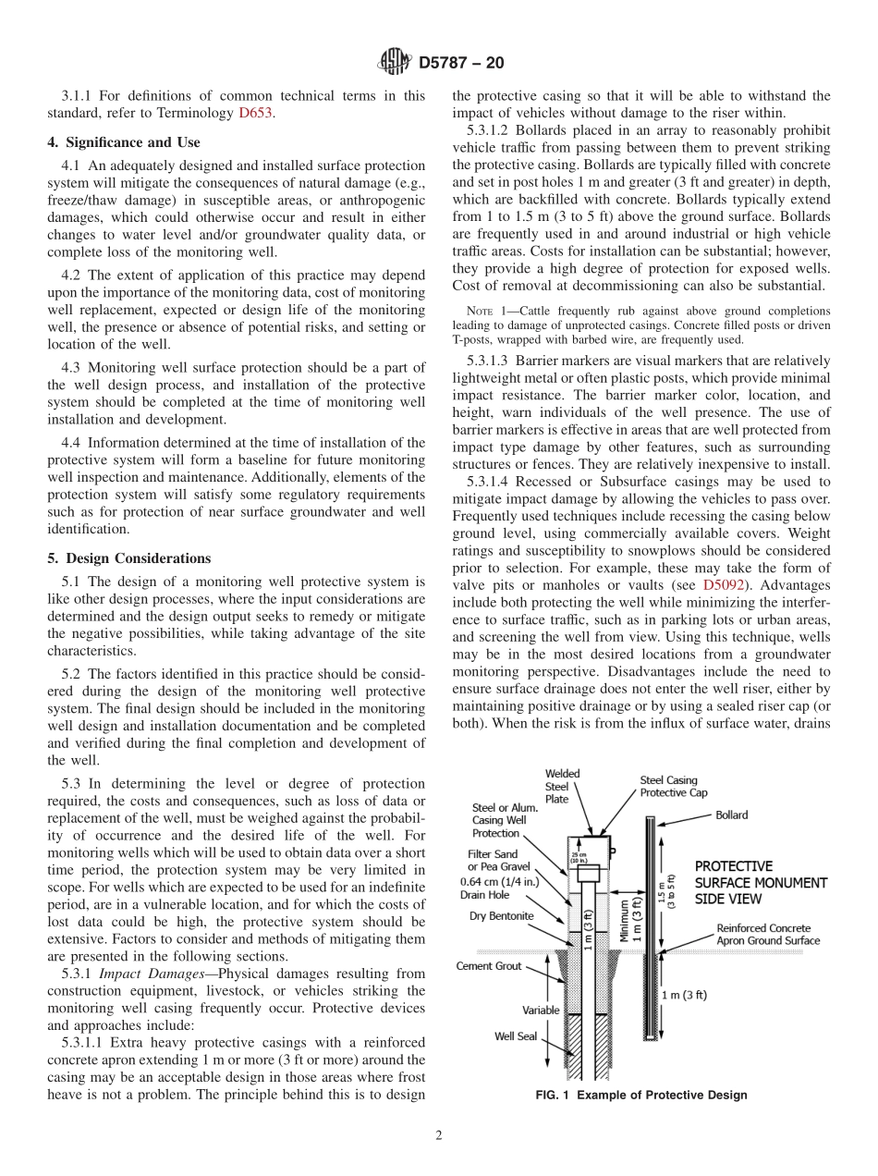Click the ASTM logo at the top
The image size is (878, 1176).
tap(395, 64)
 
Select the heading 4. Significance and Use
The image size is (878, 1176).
tap(124, 142)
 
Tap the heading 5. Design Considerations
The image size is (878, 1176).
tap(128, 558)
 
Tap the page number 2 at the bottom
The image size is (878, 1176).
tap(439, 1136)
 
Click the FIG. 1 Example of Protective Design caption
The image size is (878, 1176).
tap(641, 1096)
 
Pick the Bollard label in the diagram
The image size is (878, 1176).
tap(731, 815)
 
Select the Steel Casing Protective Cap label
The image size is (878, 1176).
tap(674, 787)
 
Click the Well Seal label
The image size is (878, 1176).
tap(515, 1036)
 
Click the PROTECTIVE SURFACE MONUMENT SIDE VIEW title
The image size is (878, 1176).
tap(761, 882)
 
